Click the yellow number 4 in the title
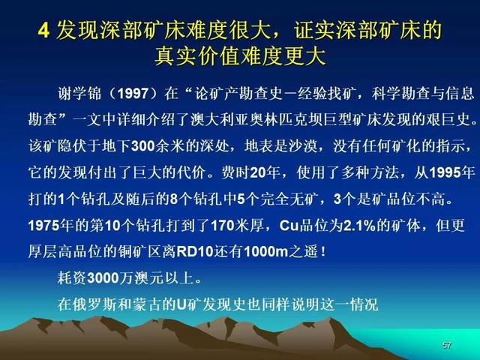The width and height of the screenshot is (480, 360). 44,31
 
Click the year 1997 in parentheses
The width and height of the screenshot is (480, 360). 133,93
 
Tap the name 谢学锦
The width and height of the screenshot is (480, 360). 79,93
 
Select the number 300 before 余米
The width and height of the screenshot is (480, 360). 143,146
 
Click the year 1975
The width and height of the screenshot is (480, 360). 43,226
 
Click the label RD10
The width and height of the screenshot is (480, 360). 195,252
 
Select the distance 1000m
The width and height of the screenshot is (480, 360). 266,252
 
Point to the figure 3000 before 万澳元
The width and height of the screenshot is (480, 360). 103,278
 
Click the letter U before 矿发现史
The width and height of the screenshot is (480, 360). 181,305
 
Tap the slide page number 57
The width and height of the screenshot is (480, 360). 447,345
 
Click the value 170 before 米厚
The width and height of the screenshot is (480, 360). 223,226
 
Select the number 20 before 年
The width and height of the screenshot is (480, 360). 258,173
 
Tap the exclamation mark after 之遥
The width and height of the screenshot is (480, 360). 323,252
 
